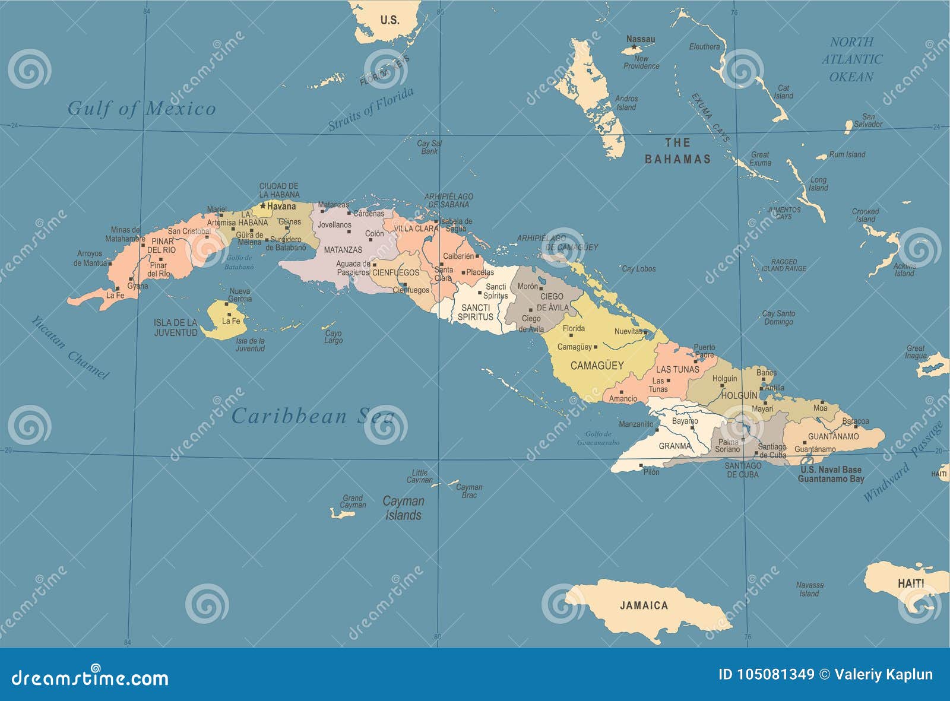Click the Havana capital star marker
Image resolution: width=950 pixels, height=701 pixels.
(x=263, y=206)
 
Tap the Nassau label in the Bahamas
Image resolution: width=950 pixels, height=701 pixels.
(x=641, y=39)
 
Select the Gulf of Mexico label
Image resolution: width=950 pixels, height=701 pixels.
(x=141, y=108)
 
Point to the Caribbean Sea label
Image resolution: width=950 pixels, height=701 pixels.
(x=313, y=416)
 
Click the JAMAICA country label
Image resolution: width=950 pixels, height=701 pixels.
(x=644, y=605)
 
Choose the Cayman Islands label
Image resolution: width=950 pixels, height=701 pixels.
(x=403, y=508)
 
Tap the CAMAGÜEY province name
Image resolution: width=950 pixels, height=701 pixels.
(x=597, y=366)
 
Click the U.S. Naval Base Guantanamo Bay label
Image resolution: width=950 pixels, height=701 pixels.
(x=831, y=474)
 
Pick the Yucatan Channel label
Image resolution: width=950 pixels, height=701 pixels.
(x=70, y=347)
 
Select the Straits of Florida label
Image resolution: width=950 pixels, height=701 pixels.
(x=370, y=109)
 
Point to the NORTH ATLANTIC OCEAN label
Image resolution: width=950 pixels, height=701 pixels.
(x=851, y=59)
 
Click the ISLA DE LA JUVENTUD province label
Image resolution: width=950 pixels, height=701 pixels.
(x=175, y=328)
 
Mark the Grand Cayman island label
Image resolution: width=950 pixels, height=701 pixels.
(x=353, y=502)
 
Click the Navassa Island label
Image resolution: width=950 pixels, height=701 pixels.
(x=809, y=589)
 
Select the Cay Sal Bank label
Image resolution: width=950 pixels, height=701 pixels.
(x=429, y=147)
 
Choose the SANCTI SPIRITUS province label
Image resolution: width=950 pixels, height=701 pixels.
(x=475, y=312)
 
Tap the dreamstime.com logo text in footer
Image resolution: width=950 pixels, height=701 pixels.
(x=90, y=677)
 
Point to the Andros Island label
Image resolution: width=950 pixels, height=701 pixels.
(x=626, y=103)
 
